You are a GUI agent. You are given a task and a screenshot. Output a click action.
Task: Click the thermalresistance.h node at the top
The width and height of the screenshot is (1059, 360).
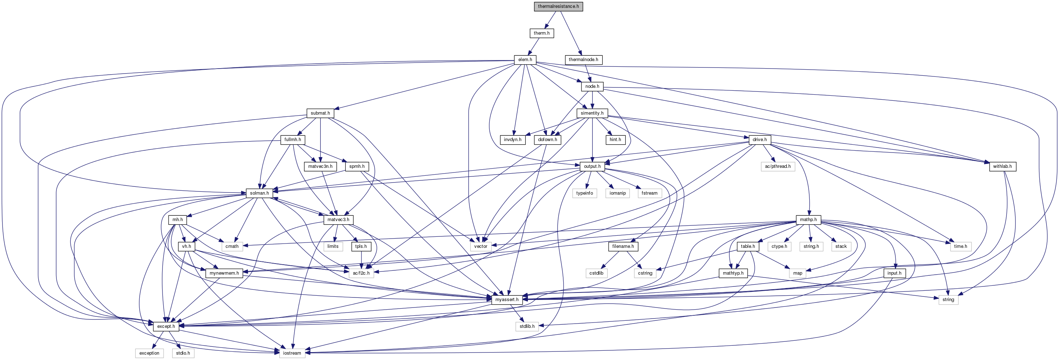pos(558,6)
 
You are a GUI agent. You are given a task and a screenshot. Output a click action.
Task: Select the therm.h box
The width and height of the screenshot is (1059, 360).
pos(541,33)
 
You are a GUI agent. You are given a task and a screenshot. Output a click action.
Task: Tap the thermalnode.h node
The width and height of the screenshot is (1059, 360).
pos(583,60)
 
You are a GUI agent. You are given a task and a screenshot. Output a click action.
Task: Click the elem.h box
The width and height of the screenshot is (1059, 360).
pos(525,60)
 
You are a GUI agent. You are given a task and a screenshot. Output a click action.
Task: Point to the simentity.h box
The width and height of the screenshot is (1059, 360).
pos(592,113)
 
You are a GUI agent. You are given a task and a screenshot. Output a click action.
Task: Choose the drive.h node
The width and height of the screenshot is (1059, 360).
pos(759,140)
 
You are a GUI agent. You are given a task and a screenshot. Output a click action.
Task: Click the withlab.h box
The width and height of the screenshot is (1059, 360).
pos(1002,166)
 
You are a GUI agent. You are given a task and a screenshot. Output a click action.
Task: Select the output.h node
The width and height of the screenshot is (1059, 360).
pos(592,166)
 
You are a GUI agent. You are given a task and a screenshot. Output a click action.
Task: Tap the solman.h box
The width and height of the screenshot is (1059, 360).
pos(259,193)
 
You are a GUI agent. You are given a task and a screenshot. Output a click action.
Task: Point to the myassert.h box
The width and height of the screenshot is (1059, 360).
pos(506,300)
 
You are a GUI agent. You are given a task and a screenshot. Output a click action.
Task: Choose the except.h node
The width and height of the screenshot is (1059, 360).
pos(166,326)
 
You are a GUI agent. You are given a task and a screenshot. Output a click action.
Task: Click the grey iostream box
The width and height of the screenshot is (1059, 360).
pos(292,353)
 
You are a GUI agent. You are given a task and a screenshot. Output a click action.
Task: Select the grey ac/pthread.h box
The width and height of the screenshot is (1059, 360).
pos(778,166)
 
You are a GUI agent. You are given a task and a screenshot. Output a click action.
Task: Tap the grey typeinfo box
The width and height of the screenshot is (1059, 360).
pos(584,193)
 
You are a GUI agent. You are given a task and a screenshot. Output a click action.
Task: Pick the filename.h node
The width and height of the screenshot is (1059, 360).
pos(623,246)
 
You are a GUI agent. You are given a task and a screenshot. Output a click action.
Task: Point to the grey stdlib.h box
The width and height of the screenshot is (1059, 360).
pos(526,326)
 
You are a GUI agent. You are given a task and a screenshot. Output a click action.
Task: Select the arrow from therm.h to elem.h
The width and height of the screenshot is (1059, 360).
pos(533,46)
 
